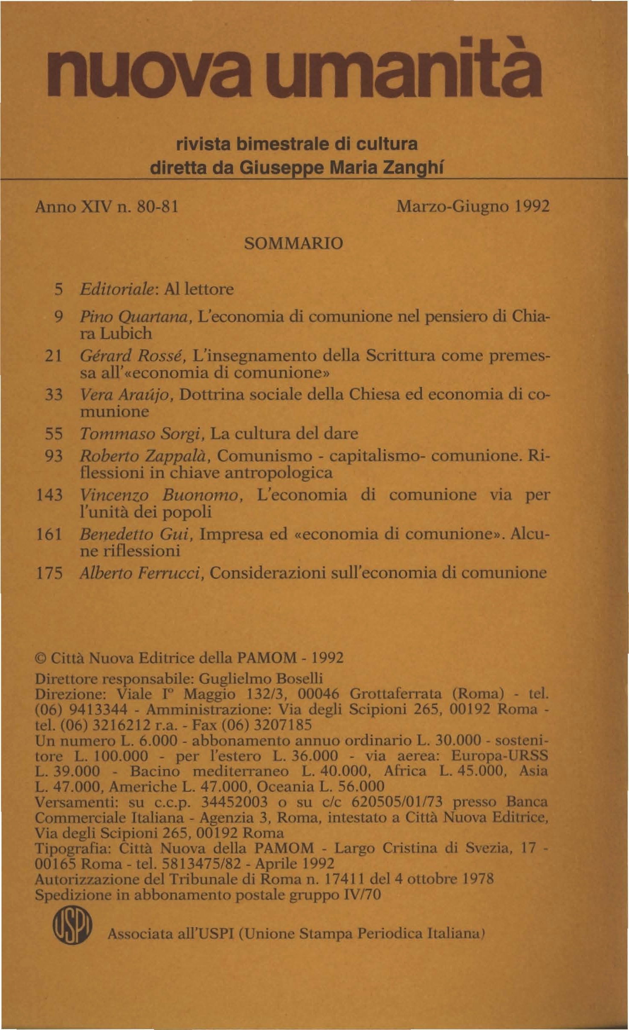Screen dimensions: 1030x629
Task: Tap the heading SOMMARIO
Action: tap(293, 244)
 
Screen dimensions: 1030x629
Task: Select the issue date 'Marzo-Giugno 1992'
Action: tap(473, 207)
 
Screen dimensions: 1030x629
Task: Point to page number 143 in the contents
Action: tap(50, 495)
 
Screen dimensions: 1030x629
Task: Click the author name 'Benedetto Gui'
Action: tap(135, 535)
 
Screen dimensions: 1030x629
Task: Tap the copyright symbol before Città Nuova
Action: tap(41, 659)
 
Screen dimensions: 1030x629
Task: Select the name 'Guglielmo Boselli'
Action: tap(261, 678)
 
